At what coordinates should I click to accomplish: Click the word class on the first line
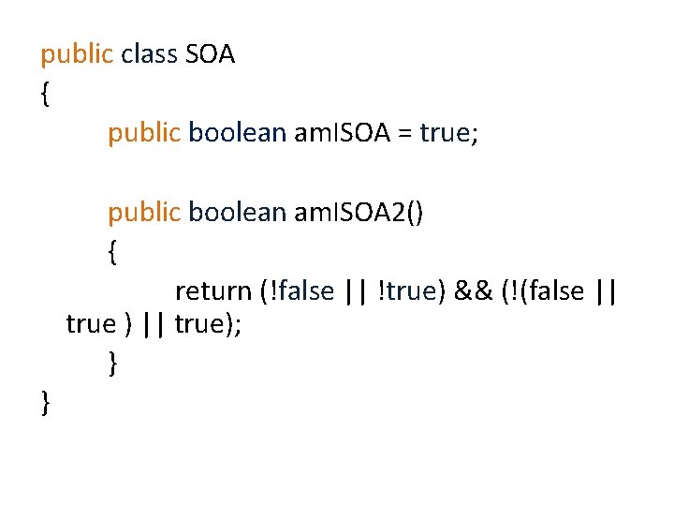pyautogui.click(x=150, y=54)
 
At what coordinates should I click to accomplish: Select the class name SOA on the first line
pyautogui.click(x=211, y=54)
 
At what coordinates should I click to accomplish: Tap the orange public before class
pyautogui.click(x=76, y=54)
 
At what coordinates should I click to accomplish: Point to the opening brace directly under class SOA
pyautogui.click(x=45, y=95)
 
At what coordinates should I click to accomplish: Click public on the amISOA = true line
pyautogui.click(x=143, y=133)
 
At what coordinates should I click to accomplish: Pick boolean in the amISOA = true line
pyautogui.click(x=237, y=133)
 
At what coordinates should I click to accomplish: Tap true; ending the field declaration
pyautogui.click(x=449, y=133)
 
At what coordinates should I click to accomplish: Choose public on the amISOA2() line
pyautogui.click(x=143, y=213)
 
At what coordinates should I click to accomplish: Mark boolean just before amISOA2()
pyautogui.click(x=237, y=213)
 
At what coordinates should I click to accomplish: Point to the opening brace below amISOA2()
pyautogui.click(x=112, y=253)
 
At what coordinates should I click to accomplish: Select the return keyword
pyautogui.click(x=212, y=291)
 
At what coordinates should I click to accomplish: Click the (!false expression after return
pyautogui.click(x=297, y=291)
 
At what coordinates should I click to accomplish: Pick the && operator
pyautogui.click(x=475, y=291)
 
